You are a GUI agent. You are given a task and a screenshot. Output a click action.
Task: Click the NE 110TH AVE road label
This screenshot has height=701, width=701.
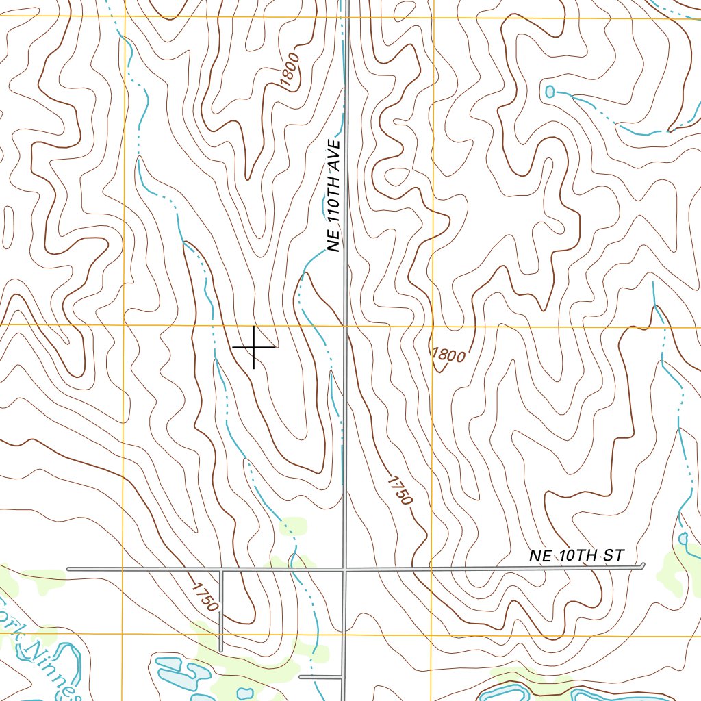[333, 196]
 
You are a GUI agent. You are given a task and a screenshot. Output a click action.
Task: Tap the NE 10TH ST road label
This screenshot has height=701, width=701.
[576, 556]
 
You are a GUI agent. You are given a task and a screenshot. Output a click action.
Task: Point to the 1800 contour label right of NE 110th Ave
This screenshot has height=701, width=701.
[449, 355]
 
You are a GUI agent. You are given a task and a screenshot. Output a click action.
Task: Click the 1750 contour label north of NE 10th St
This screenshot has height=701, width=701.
[400, 490]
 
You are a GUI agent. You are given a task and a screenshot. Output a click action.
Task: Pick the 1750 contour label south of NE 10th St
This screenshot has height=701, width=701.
[205, 596]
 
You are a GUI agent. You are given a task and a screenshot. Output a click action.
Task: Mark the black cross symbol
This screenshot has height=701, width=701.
[254, 347]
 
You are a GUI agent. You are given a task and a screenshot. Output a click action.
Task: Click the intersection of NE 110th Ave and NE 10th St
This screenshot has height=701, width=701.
[345, 568]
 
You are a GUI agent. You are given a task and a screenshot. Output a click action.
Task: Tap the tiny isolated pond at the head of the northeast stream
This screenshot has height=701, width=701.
[550, 91]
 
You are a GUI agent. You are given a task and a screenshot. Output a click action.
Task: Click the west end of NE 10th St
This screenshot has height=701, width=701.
[69, 569]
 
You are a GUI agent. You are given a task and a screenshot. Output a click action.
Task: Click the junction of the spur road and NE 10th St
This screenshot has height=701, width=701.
[221, 569]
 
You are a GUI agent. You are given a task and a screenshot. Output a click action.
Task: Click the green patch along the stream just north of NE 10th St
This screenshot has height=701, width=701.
[294, 528]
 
